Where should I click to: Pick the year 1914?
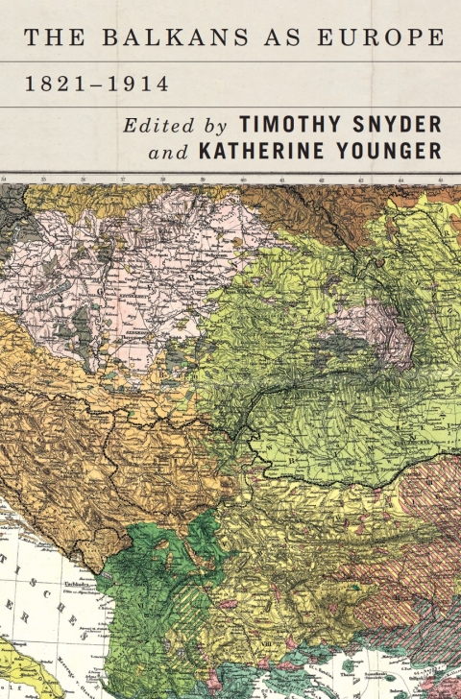137,84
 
